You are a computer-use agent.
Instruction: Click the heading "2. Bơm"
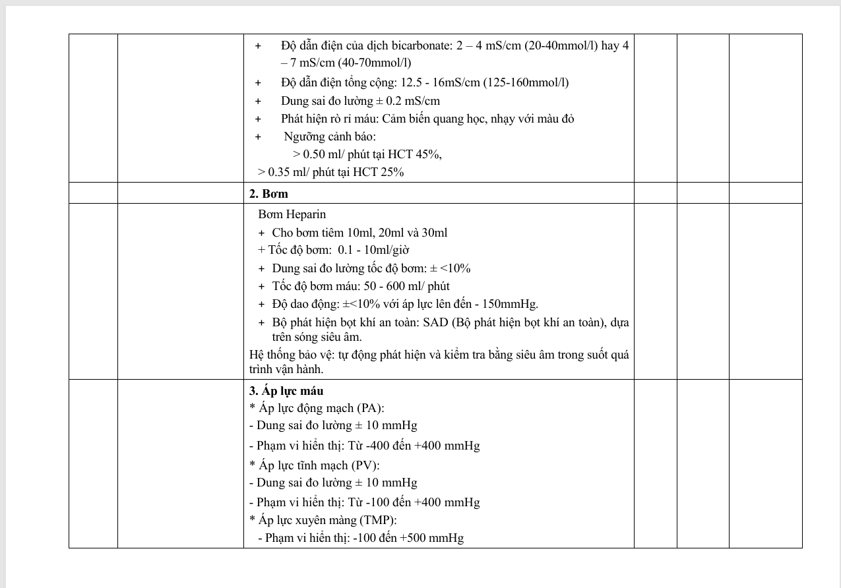268,194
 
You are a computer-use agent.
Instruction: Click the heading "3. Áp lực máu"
286,390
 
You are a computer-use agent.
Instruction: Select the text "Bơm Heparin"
292,214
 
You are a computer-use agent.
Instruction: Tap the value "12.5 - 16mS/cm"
435,82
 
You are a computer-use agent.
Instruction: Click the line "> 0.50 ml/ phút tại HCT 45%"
367,154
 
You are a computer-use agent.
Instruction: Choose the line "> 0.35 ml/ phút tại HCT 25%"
330,172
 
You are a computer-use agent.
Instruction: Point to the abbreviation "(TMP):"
378,520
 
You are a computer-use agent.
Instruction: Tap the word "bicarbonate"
432,45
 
